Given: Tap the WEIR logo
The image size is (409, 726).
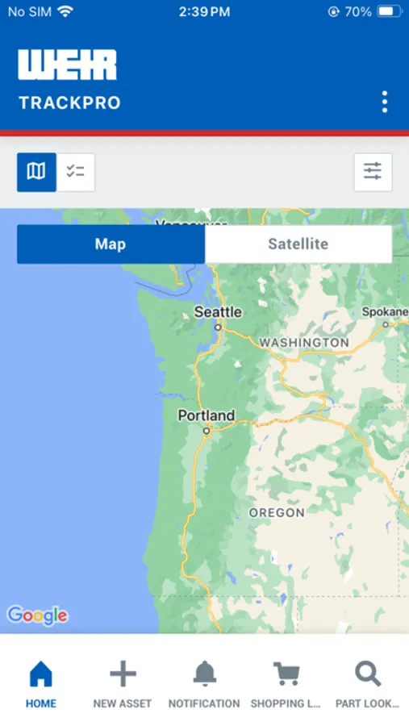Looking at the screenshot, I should click(68, 65).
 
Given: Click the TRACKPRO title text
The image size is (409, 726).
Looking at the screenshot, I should click(69, 103).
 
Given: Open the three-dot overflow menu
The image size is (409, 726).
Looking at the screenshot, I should click(385, 102).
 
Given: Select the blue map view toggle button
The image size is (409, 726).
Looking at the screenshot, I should click(36, 172).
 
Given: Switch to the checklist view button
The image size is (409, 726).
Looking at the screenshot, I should click(76, 172).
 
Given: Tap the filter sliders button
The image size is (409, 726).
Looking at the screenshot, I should click(373, 172).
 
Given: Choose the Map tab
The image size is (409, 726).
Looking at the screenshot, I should click(111, 244).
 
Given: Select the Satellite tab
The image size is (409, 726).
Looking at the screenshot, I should click(298, 244).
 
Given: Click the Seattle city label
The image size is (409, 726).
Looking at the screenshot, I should click(218, 312).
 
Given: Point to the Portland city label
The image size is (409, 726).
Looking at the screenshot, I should click(207, 416).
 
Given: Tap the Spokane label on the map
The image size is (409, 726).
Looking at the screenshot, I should click(385, 312).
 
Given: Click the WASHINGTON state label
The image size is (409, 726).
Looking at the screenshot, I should click(304, 343).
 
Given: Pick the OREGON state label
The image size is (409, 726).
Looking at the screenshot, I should click(277, 512).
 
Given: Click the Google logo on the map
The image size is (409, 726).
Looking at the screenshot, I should click(37, 615).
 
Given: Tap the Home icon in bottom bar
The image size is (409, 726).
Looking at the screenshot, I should click(40, 674).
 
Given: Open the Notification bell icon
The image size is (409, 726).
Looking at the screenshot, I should click(204, 674).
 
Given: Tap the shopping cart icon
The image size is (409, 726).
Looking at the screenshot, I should click(286, 674).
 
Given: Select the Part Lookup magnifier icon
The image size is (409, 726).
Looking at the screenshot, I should click(368, 674).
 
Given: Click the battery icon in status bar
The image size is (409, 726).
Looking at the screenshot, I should click(389, 12).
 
